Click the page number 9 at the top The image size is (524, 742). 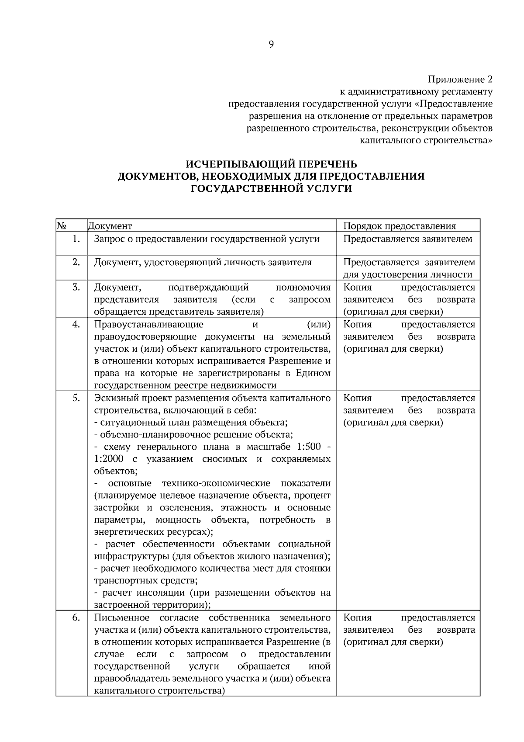[271, 44]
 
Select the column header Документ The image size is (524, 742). [110, 226]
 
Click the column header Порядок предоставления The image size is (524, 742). [400, 226]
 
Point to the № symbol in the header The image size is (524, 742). [61, 225]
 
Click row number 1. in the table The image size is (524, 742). [76, 239]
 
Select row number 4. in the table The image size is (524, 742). [76, 324]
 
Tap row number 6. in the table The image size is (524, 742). [76, 617]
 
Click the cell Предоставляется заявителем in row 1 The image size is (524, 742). [408, 239]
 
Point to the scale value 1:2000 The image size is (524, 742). [109, 459]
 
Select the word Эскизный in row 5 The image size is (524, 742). [113, 398]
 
